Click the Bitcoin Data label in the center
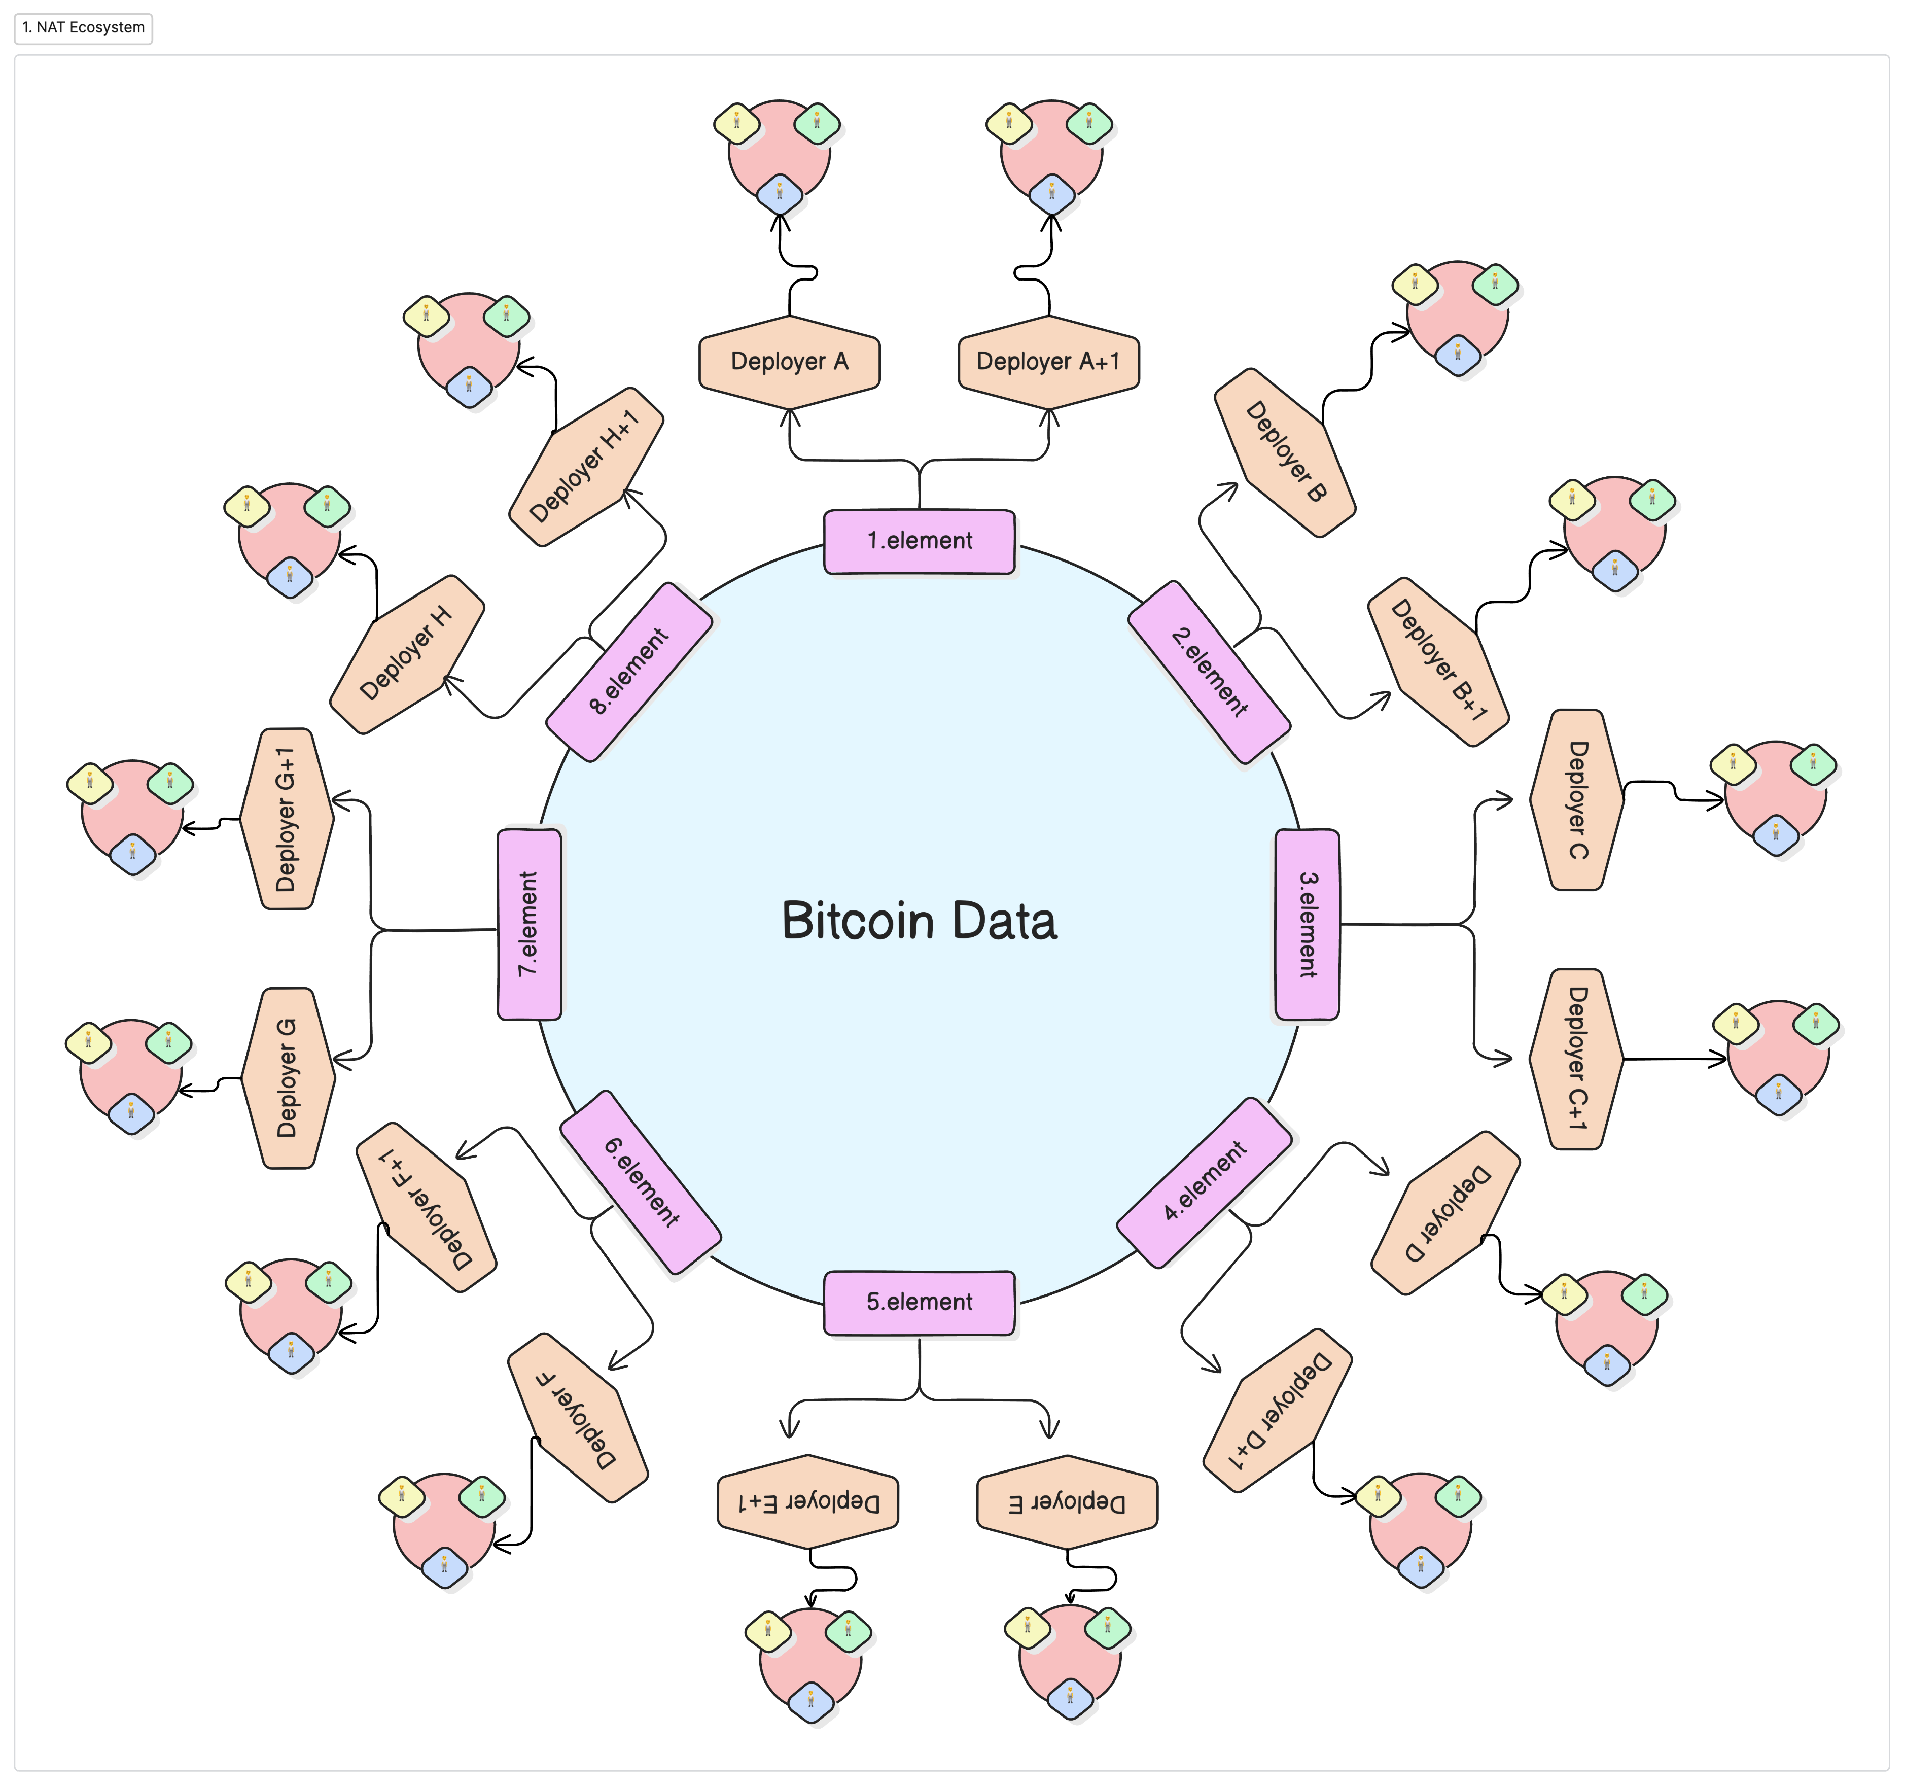pos(919,921)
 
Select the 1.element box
pos(919,541)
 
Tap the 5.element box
pos(919,1302)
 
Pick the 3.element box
pos(1307,925)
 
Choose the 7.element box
pos(529,925)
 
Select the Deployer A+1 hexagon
pos(1048,361)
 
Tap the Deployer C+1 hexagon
pos(1576,1059)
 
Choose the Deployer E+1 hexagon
pos(808,1501)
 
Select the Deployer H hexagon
pos(406,654)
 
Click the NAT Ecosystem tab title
pos(84,28)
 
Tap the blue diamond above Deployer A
pos(779,194)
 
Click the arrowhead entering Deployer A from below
pos(790,417)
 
